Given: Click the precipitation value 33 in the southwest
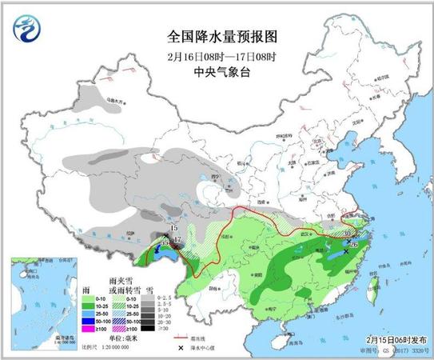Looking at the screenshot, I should pyautogui.click(x=165, y=242).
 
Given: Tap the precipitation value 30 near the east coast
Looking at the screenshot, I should pyautogui.click(x=346, y=234).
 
